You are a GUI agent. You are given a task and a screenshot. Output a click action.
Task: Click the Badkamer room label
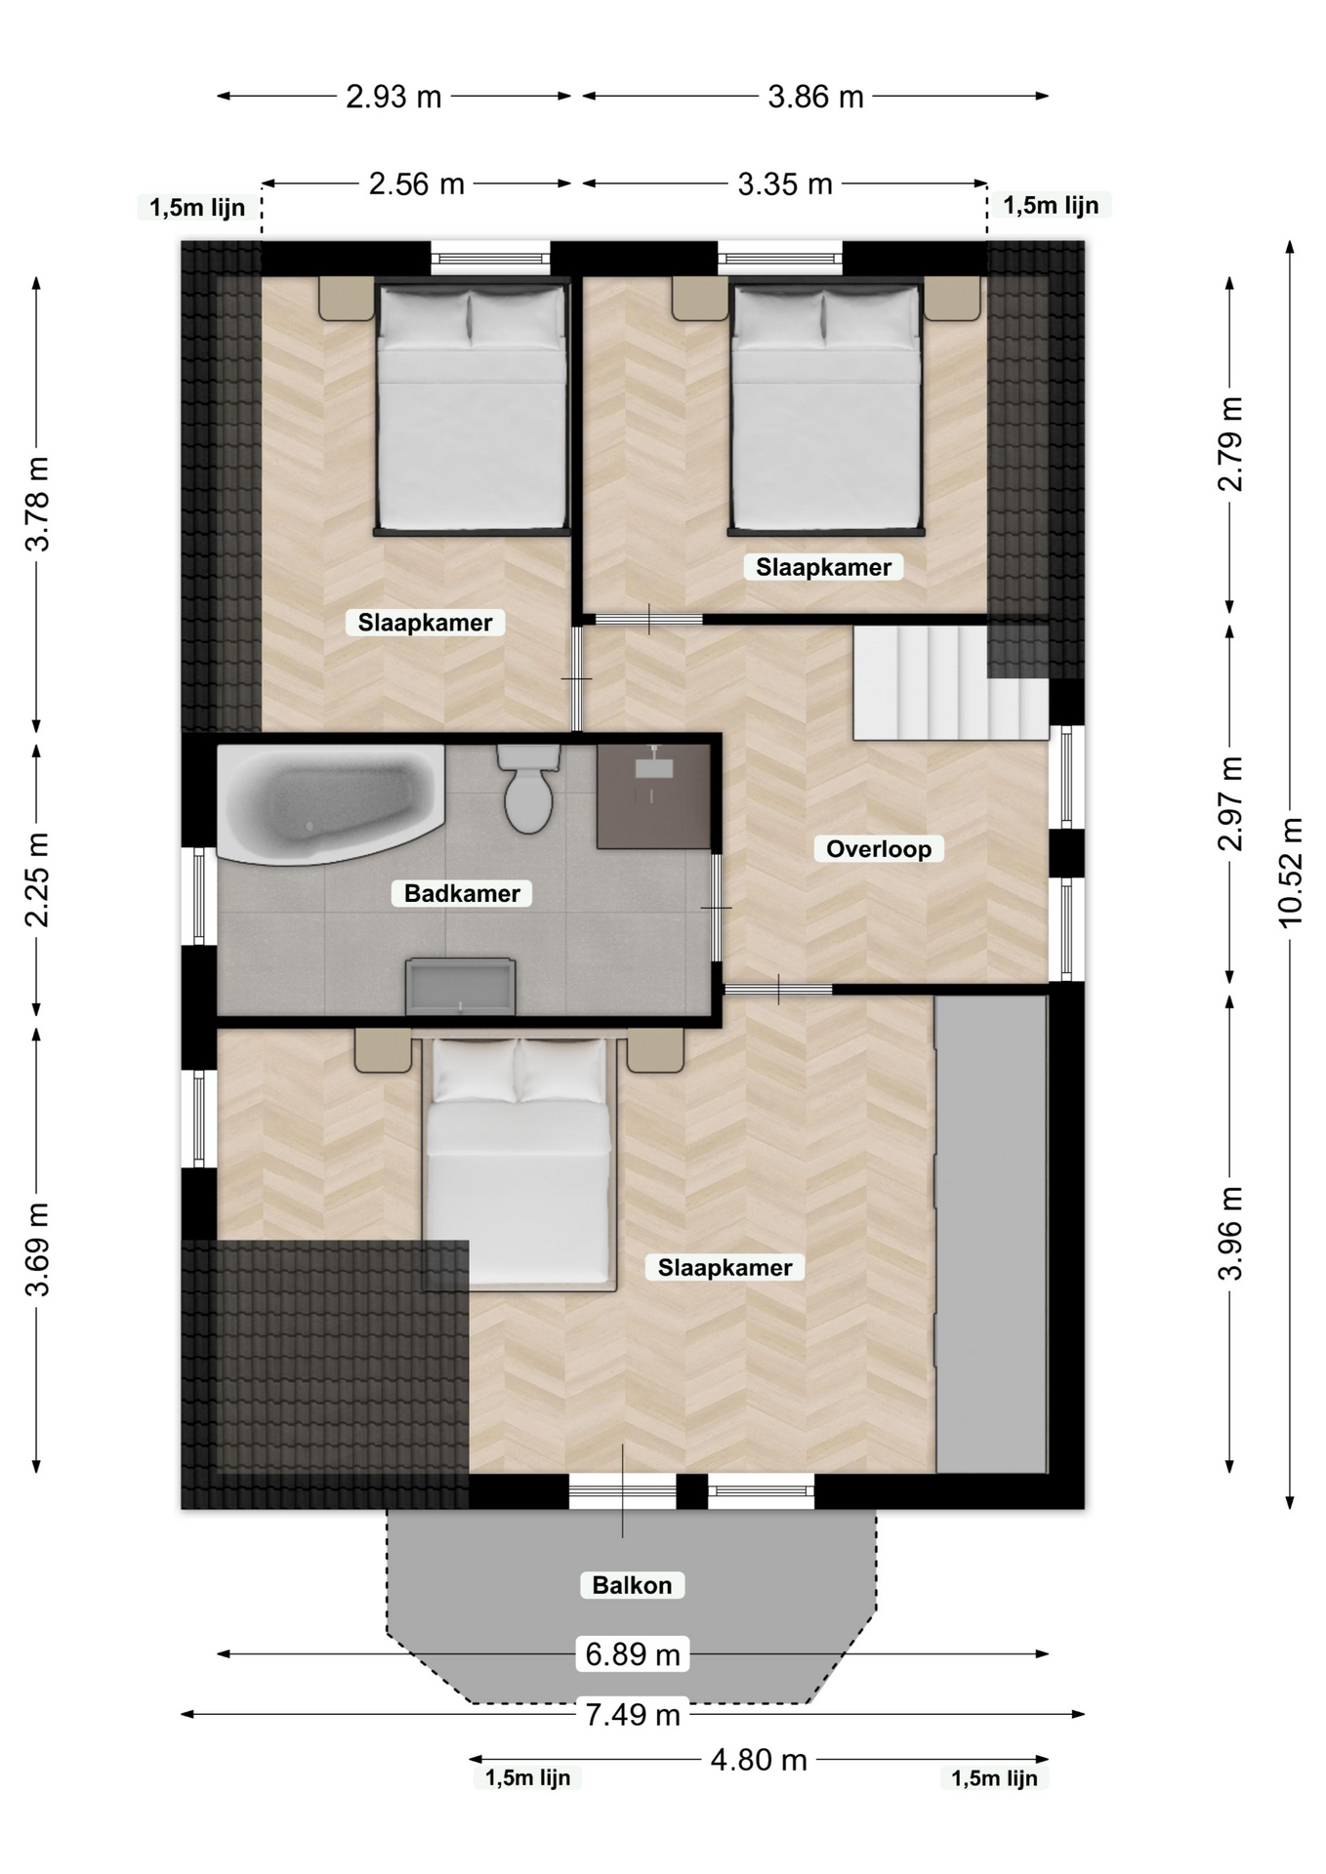tap(462, 893)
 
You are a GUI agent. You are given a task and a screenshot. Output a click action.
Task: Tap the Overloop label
tap(879, 849)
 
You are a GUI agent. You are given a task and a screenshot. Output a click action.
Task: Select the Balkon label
tap(633, 1585)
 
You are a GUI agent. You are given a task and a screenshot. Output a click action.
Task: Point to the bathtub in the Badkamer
tap(330, 803)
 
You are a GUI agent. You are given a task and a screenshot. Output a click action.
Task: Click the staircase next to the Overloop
tap(951, 682)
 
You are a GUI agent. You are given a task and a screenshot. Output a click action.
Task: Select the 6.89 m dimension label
tap(633, 1654)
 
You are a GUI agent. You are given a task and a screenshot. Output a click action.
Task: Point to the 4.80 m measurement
tap(759, 1760)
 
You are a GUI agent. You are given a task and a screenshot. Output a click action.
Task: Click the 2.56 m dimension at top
tap(417, 183)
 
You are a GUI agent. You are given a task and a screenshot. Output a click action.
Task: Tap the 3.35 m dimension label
tap(785, 183)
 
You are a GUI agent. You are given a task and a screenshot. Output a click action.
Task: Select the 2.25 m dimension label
tap(37, 879)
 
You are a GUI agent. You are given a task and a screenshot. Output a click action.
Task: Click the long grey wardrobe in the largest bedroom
tap(991, 1234)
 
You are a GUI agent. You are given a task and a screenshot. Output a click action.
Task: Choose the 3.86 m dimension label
tap(816, 97)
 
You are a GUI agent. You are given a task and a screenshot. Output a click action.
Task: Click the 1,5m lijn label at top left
tap(197, 207)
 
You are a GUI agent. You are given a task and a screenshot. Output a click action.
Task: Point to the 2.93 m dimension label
tap(394, 97)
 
